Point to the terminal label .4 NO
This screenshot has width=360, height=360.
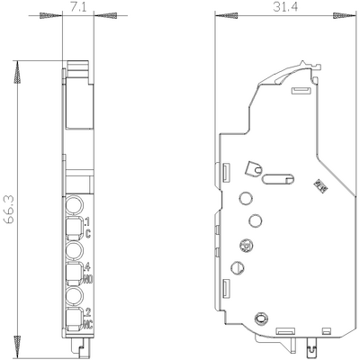tap(86, 273)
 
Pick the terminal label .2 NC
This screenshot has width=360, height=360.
tap(86, 317)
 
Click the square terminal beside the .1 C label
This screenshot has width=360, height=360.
tap(74, 226)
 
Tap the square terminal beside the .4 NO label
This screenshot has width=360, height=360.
tap(74, 271)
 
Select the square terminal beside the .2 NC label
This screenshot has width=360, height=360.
tap(74, 316)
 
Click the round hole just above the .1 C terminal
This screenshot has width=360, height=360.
tap(75, 203)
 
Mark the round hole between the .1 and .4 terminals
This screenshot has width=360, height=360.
tap(75, 248)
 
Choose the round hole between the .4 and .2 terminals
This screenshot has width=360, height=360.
tap(75, 293)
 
